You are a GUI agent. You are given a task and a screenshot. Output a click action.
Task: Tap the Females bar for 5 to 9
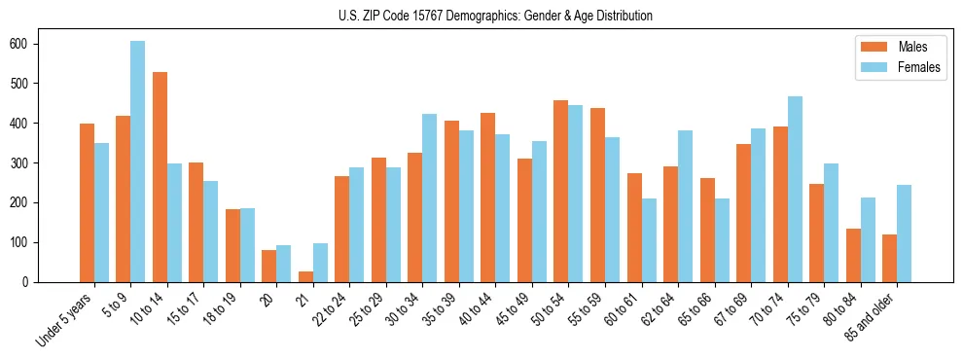pos(138,162)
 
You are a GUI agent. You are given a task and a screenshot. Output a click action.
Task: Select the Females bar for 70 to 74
pos(795,189)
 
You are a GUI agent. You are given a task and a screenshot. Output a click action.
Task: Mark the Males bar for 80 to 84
pos(853,255)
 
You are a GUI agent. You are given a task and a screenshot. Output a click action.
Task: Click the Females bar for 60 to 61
pos(649,240)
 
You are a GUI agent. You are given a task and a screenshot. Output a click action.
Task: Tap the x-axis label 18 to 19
pos(222,306)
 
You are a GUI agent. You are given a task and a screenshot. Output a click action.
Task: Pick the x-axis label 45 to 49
pos(514,306)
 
